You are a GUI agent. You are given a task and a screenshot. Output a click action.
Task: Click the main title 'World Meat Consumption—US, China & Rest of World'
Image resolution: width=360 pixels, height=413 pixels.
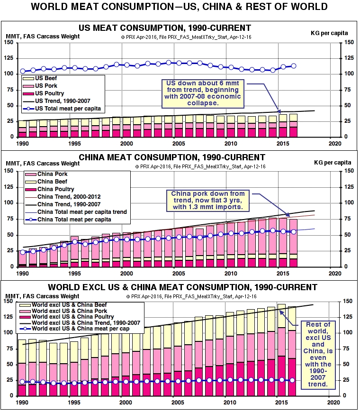click(179, 7)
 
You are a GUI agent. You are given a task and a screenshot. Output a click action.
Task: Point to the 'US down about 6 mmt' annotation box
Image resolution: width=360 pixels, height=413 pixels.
click(204, 93)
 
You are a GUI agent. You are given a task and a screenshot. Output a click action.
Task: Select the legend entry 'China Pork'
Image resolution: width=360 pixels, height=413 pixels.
click(52, 174)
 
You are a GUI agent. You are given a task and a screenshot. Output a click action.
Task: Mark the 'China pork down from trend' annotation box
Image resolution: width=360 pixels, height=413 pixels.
click(208, 200)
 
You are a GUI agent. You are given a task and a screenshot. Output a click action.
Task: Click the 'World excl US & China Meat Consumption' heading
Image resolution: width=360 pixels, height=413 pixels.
click(182, 287)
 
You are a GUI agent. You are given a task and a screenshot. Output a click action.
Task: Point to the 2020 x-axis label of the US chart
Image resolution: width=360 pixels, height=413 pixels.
click(335, 144)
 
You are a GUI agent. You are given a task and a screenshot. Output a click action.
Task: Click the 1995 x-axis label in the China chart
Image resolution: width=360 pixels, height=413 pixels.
click(74, 274)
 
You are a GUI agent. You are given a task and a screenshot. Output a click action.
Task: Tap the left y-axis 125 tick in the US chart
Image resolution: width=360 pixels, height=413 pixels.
click(8, 58)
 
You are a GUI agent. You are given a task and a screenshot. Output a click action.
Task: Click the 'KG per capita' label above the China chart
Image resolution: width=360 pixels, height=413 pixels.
click(331, 163)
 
